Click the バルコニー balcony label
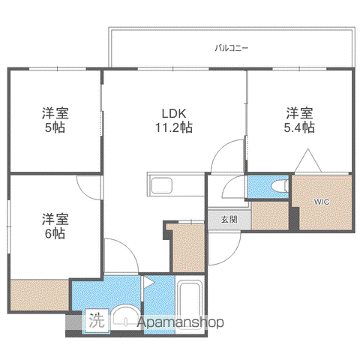click(x=232, y=48)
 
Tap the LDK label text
click(x=174, y=113)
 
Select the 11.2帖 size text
click(x=174, y=127)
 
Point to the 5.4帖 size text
click(x=299, y=127)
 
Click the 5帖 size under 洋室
click(x=55, y=127)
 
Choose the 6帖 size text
click(x=55, y=233)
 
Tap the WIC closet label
click(x=322, y=202)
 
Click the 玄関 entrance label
click(x=229, y=220)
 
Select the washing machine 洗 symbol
click(x=97, y=321)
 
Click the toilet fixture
click(x=280, y=186)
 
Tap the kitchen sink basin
click(x=162, y=185)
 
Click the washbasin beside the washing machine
click(x=126, y=316)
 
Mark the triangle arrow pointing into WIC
click(x=308, y=160)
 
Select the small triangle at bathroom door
click(x=148, y=283)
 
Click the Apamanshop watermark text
click(x=181, y=322)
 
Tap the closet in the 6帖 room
click(x=40, y=295)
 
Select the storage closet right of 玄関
click(x=270, y=215)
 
